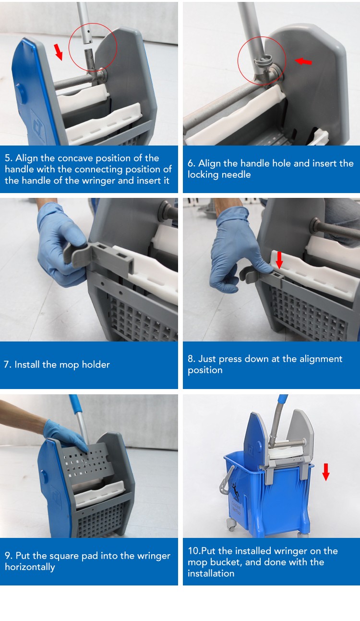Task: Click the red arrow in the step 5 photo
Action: point(58,52)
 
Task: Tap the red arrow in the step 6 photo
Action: point(303,61)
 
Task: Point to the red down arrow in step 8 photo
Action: point(279,260)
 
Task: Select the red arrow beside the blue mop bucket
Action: point(326,472)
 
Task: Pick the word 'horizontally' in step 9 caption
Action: point(30,567)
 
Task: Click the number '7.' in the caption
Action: point(8,364)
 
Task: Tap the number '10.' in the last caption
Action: point(194,550)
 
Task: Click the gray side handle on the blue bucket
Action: point(226,481)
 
